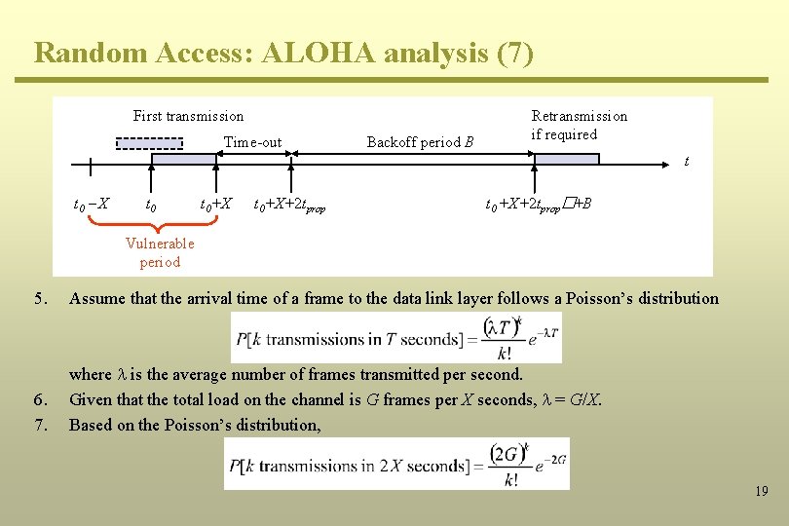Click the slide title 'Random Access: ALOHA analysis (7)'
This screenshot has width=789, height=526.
click(283, 53)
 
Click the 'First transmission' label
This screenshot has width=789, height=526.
click(188, 116)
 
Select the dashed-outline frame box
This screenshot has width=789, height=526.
click(149, 143)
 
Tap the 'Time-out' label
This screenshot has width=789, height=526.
click(252, 142)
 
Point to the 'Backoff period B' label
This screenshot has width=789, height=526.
click(420, 142)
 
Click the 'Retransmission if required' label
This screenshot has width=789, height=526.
click(579, 125)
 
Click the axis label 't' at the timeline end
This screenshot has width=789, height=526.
click(687, 162)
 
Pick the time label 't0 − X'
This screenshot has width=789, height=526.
click(92, 205)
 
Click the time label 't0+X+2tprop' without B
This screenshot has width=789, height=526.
click(289, 206)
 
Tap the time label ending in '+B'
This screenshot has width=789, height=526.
click(539, 205)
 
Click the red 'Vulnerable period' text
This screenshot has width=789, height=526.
click(160, 252)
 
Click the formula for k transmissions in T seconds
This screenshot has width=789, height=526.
click(395, 338)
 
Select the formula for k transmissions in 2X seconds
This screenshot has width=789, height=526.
click(396, 464)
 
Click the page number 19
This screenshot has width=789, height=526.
click(761, 492)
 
